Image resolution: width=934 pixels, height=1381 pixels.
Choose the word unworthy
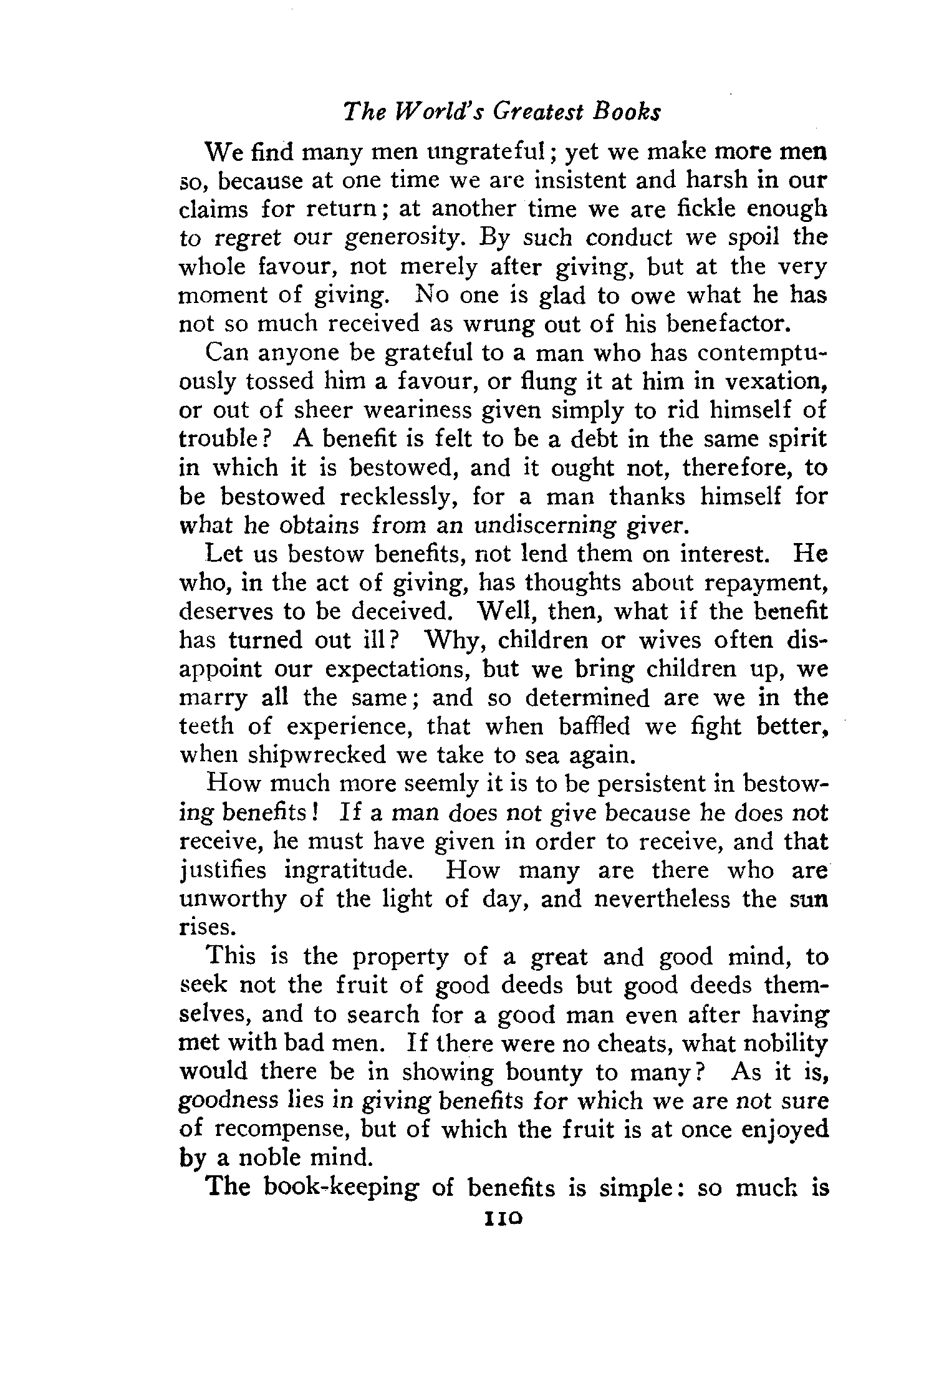point(233,899)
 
